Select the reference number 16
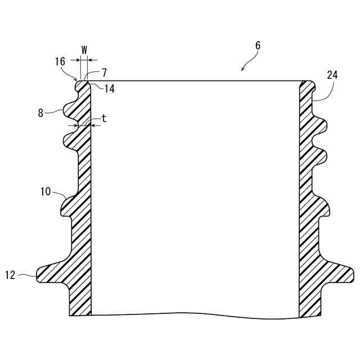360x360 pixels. click(x=60, y=62)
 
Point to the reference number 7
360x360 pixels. click(x=104, y=73)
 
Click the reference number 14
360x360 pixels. click(x=109, y=89)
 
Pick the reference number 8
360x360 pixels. click(x=40, y=112)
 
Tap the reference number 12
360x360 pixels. click(x=10, y=275)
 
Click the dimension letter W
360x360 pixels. click(x=84, y=49)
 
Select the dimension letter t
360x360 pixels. click(x=104, y=119)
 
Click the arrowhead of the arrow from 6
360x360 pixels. click(x=242, y=70)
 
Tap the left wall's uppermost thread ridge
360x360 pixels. click(x=64, y=106)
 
